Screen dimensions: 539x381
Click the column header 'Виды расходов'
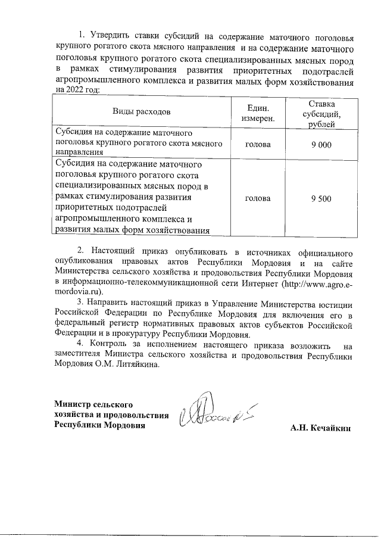[x=142, y=111]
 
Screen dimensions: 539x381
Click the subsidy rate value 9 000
[x=321, y=144]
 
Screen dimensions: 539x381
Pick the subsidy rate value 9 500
[x=321, y=198]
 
